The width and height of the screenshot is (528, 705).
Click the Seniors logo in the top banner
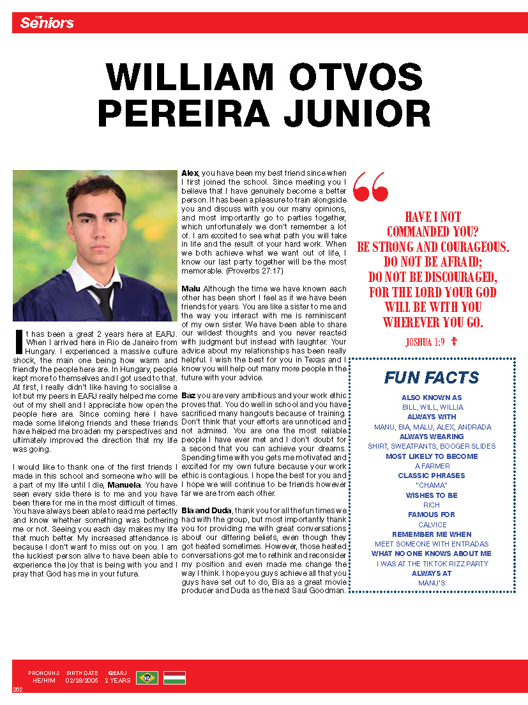47,23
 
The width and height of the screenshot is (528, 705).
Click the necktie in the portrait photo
102,300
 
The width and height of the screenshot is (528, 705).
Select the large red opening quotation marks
370,186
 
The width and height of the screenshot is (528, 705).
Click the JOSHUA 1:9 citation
425,342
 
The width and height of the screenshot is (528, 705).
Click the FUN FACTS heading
432,377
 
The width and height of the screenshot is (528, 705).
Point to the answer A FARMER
432,466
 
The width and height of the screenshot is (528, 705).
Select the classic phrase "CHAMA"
432,485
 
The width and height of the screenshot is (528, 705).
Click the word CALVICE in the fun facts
432,524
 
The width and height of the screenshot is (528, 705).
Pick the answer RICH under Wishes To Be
432,505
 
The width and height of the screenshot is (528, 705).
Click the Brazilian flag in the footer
147,678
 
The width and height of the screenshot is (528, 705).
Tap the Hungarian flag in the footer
174,678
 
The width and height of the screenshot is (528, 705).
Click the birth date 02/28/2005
82,681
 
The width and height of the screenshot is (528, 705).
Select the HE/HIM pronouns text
44,681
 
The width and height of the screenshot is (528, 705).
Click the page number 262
17,689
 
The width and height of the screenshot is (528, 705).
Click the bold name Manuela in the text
124,485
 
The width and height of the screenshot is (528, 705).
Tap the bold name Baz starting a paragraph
188,396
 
